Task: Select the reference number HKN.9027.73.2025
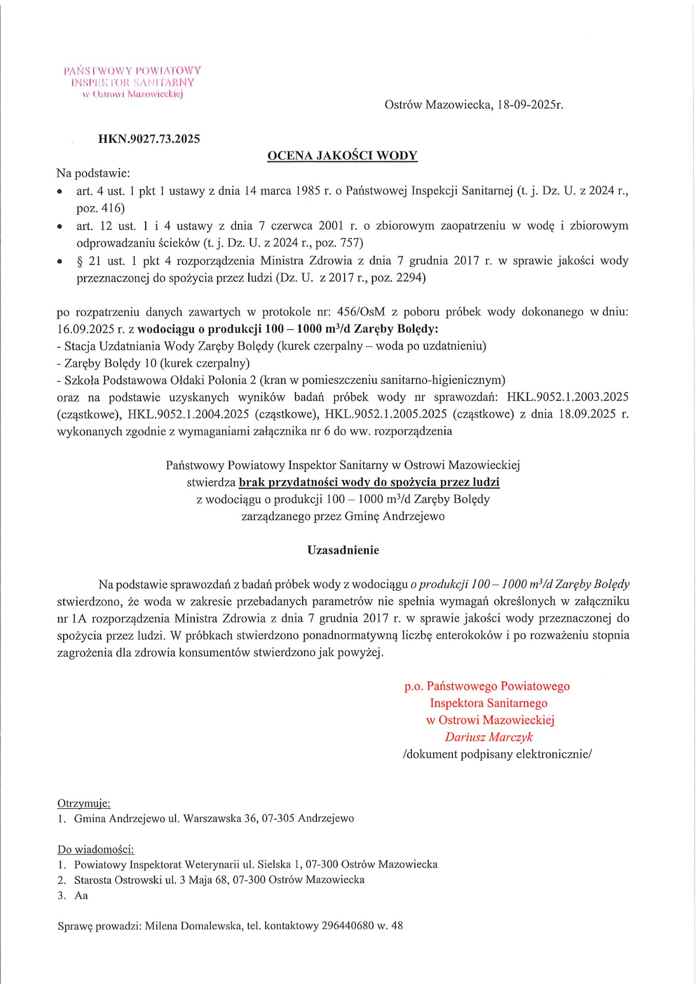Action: pos(149,139)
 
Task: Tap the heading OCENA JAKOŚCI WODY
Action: pos(342,156)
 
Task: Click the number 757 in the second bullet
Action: pos(351,242)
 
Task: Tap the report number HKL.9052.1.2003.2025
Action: pos(567,397)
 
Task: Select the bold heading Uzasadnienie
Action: pos(343,550)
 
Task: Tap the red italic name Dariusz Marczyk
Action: pos(488,737)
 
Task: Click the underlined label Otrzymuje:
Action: pos(84,803)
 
